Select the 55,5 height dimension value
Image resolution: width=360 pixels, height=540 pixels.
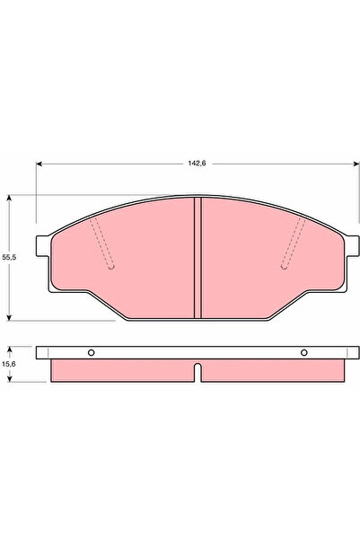[10, 257]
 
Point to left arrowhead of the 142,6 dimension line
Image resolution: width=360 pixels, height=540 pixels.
[40, 164]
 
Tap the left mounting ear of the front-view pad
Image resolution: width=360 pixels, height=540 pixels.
[41, 254]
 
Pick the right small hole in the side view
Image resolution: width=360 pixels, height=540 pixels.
[303, 351]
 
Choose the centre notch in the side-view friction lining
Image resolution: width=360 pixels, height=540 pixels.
[197, 369]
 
